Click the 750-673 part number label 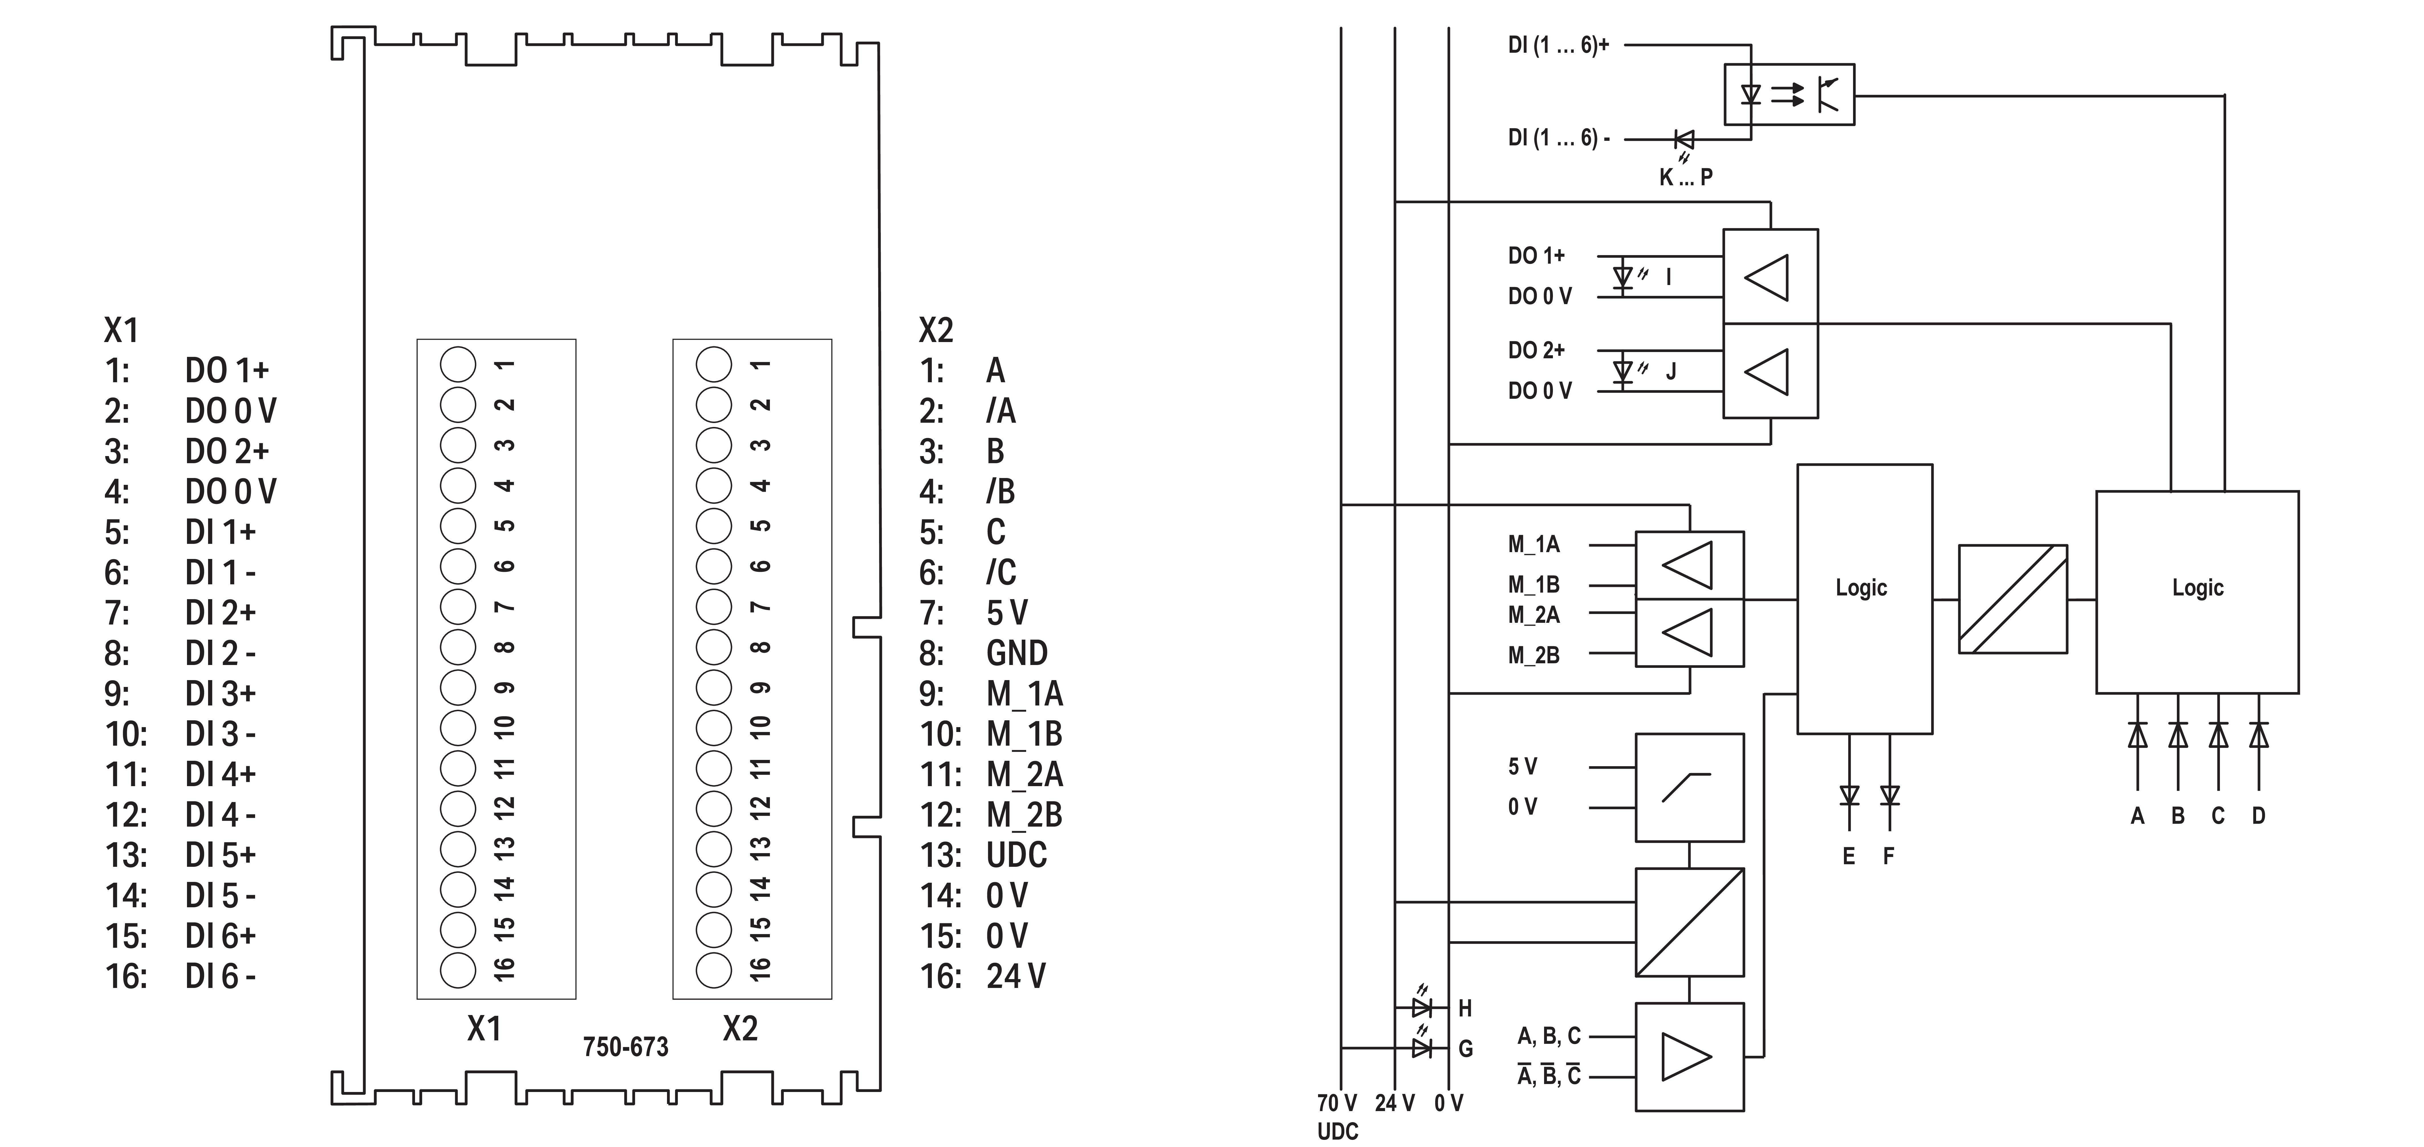point(626,1047)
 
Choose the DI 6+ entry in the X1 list point(220,936)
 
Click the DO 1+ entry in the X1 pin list point(227,371)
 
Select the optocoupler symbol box point(1789,94)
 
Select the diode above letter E point(1849,796)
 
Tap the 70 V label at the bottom point(1337,1103)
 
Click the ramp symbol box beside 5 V point(1689,788)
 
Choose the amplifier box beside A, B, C point(1689,1057)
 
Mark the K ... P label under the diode point(1685,177)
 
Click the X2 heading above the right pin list point(936,330)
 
